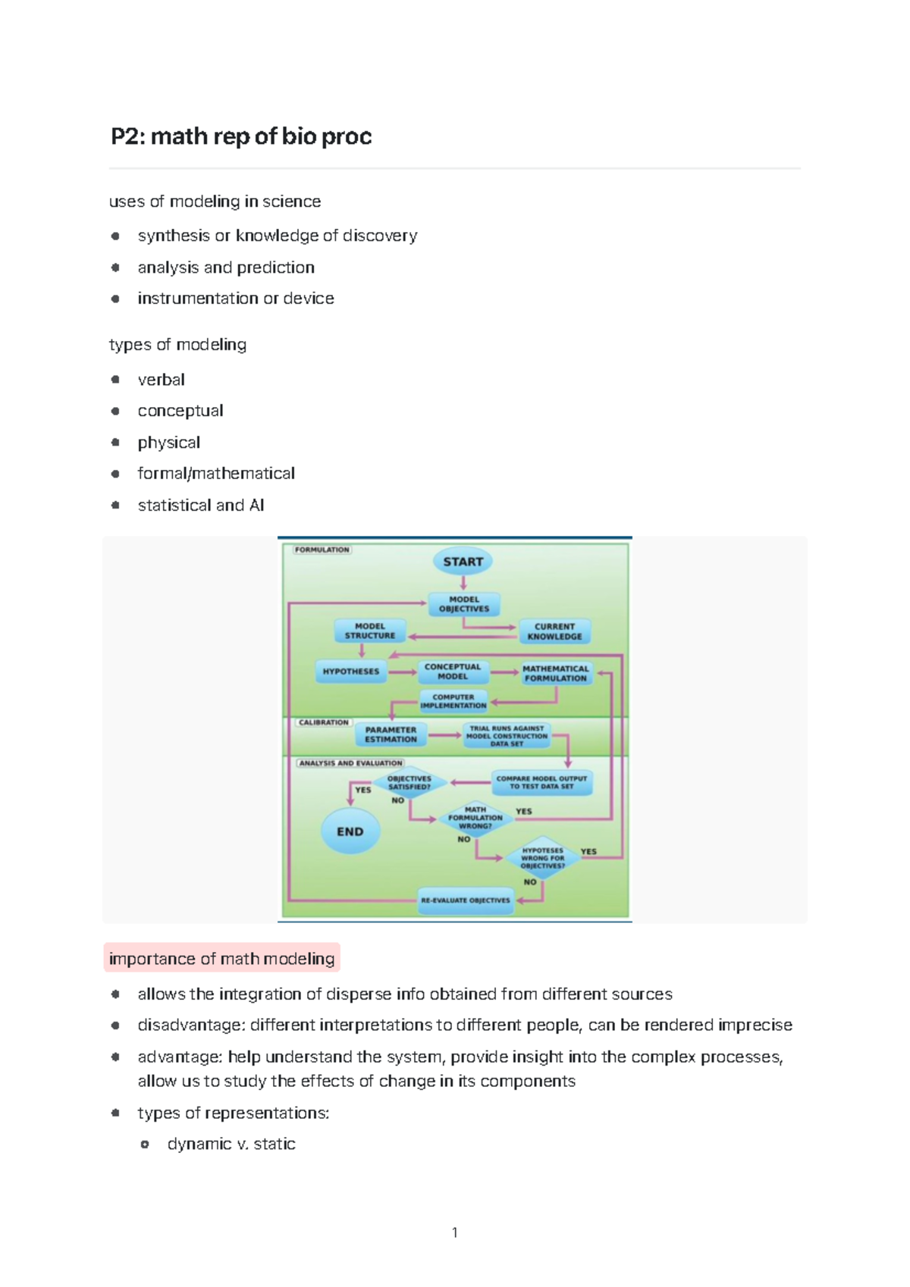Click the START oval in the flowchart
(463, 562)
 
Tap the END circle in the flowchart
(350, 831)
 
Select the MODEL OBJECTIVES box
(464, 604)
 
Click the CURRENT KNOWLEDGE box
(554, 631)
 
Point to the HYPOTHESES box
(351, 672)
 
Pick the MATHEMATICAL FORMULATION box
(556, 673)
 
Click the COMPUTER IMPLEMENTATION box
(453, 701)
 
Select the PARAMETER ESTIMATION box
(391, 734)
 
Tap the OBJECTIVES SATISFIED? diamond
(409, 783)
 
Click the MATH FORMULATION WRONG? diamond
(475, 818)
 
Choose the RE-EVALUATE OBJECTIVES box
(466, 900)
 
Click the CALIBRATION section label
(323, 722)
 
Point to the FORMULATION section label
(322, 550)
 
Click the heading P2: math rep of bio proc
(241, 136)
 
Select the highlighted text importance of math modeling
(221, 959)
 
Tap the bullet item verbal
(161, 380)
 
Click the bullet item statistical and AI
(201, 506)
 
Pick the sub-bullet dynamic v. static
(231, 1144)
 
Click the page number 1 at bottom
(454, 1232)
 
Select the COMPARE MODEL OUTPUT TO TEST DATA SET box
(541, 782)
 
